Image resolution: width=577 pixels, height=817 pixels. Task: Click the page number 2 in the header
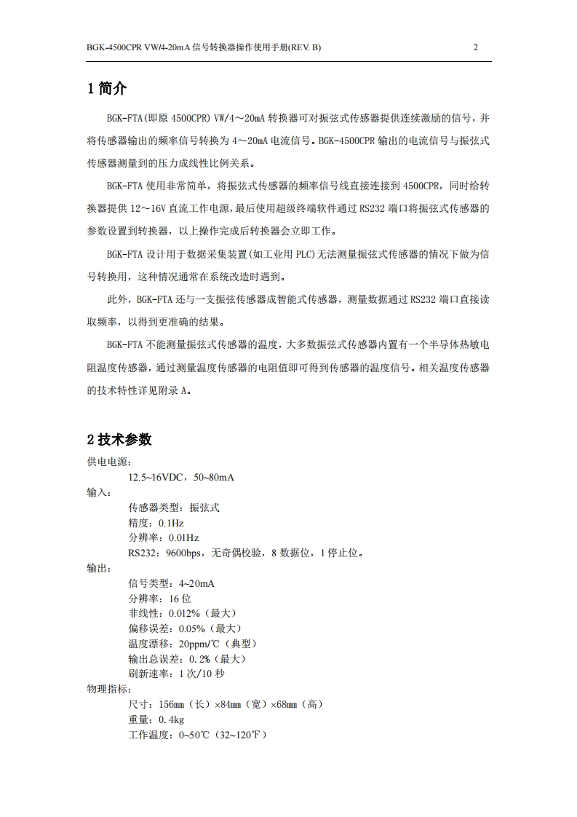[x=475, y=48]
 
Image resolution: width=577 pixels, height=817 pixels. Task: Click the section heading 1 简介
[x=107, y=89]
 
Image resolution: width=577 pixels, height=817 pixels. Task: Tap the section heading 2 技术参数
[x=119, y=439]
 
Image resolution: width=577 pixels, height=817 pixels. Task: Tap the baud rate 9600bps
[x=185, y=553]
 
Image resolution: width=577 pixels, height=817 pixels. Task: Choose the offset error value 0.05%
[x=192, y=628]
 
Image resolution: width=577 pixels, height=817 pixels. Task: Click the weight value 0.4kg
[x=171, y=719]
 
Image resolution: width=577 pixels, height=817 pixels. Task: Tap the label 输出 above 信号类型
[x=97, y=568]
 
